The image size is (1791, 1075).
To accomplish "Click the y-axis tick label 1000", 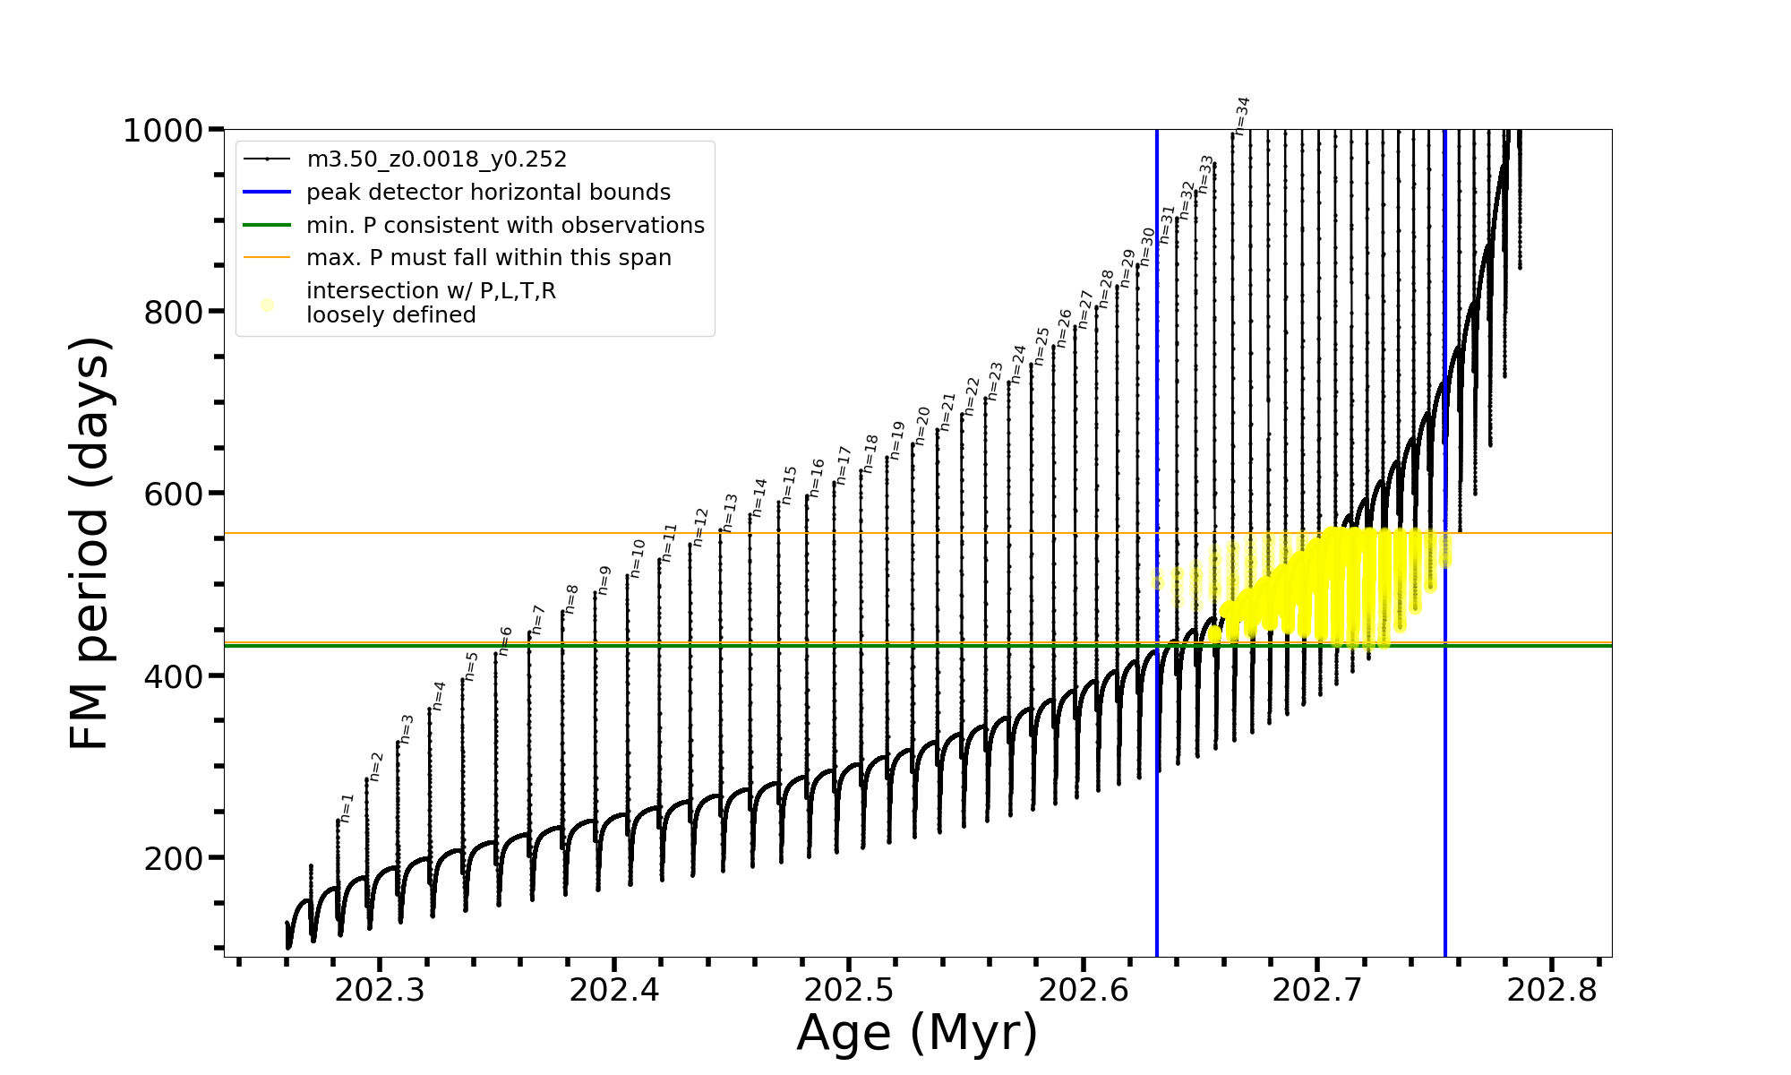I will (x=163, y=131).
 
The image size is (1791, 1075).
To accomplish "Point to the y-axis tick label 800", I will (x=174, y=313).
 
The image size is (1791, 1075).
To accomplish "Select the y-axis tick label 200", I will (x=174, y=858).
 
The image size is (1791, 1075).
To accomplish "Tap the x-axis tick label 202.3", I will (x=380, y=990).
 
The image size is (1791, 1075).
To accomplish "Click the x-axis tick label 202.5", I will (x=849, y=990).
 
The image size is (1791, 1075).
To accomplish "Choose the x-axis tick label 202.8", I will (x=1552, y=990).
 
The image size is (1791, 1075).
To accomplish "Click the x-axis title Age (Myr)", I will (x=917, y=1033).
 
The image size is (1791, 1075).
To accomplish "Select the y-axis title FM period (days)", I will (x=90, y=543).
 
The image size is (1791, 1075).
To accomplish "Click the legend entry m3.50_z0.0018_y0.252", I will (x=436, y=159).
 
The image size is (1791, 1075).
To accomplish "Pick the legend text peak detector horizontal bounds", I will (x=488, y=193).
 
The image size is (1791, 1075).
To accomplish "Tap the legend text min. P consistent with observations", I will (x=505, y=225).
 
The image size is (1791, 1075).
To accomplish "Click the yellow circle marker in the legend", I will (x=267, y=305).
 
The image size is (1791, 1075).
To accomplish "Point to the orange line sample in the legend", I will (x=267, y=258).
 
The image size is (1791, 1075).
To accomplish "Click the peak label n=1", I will (x=347, y=808).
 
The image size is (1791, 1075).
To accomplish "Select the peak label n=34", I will (x=1241, y=116).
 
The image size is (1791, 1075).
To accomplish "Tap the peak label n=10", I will (x=637, y=558).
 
